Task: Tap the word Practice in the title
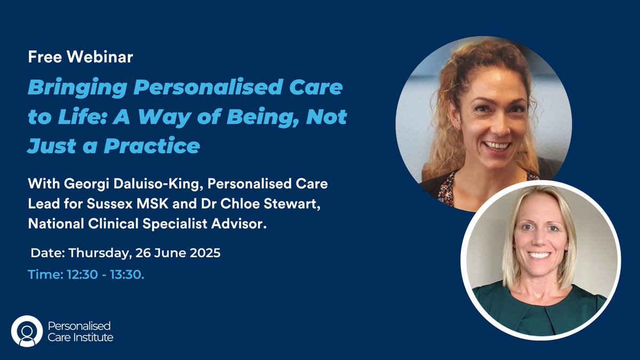[x=151, y=145]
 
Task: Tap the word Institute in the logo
[x=93, y=337]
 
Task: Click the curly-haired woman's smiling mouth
[x=498, y=145]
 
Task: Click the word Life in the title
[x=70, y=116]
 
